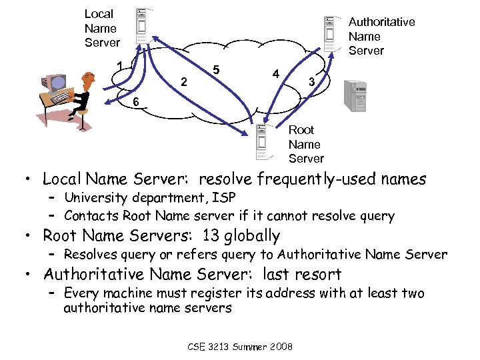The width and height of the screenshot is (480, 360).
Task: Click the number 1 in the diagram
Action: [x=119, y=65]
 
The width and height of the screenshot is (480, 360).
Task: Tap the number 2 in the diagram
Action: [x=185, y=82]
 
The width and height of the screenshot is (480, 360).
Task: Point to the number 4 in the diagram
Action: [x=275, y=73]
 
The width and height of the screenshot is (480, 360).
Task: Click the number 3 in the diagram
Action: [x=311, y=82]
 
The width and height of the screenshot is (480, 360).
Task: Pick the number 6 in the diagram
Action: [x=135, y=102]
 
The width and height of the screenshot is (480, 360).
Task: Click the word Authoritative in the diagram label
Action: [x=381, y=22]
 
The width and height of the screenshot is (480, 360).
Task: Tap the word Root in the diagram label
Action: [x=301, y=129]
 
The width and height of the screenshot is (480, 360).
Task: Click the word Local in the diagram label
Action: [x=99, y=13]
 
